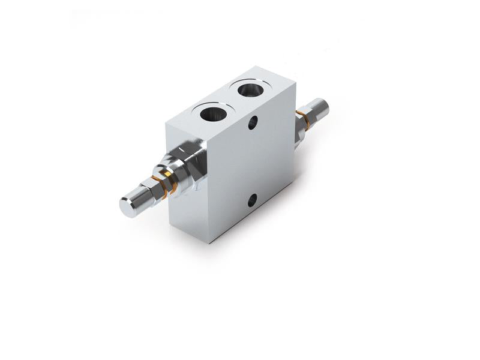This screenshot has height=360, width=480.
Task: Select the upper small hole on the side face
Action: point(253,124)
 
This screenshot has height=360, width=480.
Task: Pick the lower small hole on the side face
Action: point(253,199)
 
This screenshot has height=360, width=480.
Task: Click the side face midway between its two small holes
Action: point(253,162)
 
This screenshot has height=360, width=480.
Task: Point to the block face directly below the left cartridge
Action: point(186,204)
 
